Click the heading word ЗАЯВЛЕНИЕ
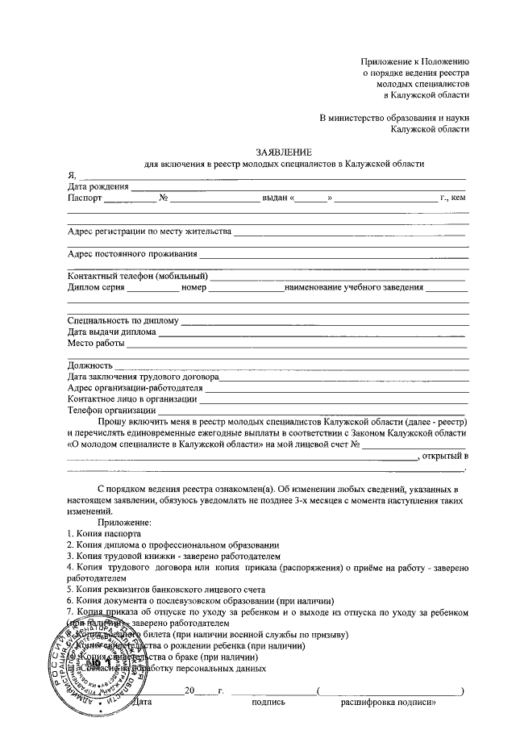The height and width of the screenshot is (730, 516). point(283,152)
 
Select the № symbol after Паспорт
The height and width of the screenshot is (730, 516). point(163,198)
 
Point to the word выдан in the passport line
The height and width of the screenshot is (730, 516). point(274,198)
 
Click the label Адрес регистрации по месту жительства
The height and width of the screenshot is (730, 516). point(149,232)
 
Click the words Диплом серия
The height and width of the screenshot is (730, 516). point(96,288)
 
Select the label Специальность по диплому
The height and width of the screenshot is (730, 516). point(123,321)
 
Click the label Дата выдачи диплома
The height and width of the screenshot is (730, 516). point(112,332)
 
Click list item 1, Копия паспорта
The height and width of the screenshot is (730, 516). point(105,534)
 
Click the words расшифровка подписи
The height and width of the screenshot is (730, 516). point(389,703)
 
